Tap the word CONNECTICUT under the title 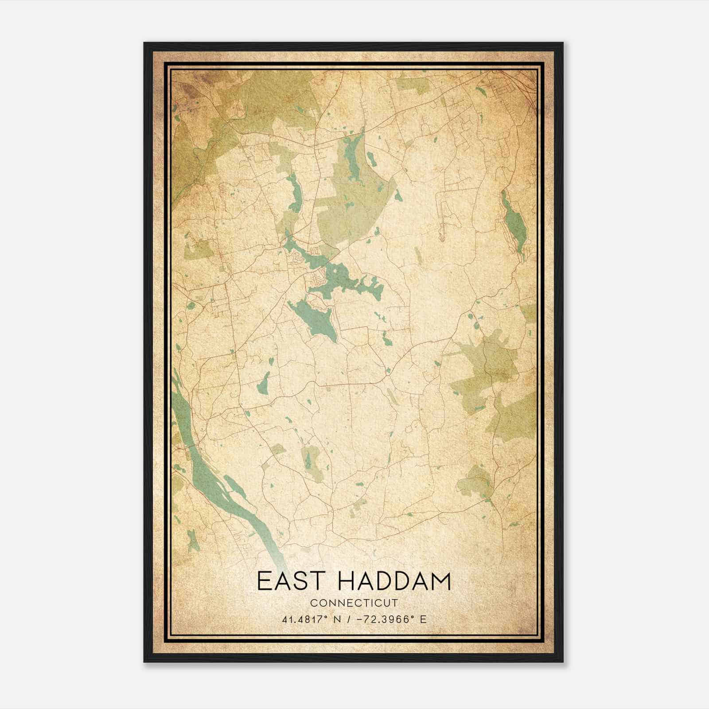coord(354,603)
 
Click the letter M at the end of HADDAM coord(440,581)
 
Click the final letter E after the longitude coord(424,619)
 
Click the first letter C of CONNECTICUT coord(313,603)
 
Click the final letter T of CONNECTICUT coord(395,603)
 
